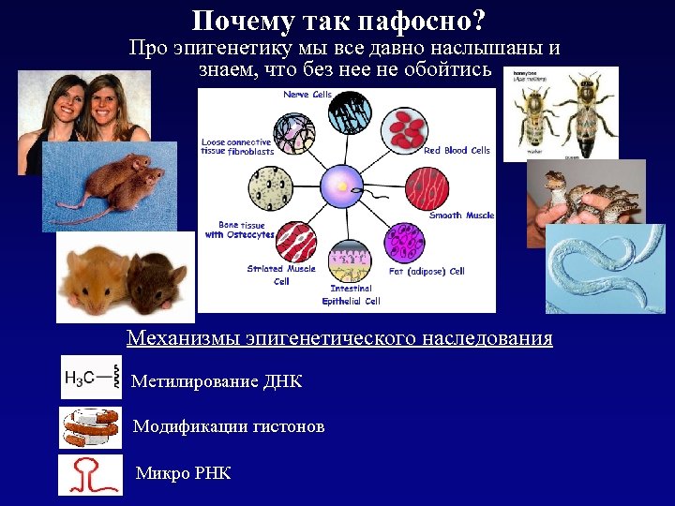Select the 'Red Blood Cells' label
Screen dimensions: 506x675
pyautogui.click(x=457, y=150)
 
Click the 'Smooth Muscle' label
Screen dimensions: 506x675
pyautogui.click(x=460, y=216)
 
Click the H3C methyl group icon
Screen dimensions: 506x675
pyautogui.click(x=91, y=378)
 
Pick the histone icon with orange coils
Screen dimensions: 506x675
pyautogui.click(x=91, y=427)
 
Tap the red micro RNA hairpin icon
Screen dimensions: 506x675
pyautogui.click(x=91, y=473)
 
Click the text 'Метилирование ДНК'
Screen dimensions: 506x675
pyautogui.click(x=217, y=381)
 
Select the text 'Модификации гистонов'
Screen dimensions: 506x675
pyautogui.click(x=229, y=427)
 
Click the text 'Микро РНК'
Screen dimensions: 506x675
pyautogui.click(x=184, y=473)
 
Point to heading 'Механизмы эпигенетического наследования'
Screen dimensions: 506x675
pyautogui.click(x=338, y=337)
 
